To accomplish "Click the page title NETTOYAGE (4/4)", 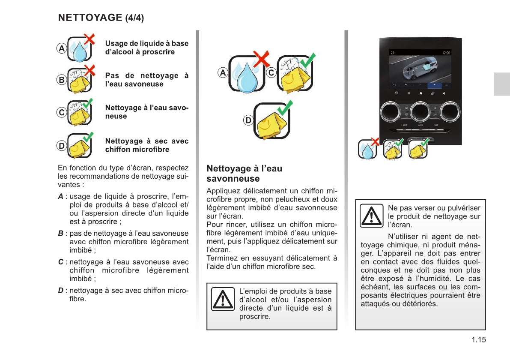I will coord(101,18).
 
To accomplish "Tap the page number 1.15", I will coord(479,340).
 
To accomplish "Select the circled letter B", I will coord(62,80).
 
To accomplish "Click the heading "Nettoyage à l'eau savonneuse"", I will coord(244,174).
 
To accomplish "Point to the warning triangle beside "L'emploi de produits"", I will coord(223,299).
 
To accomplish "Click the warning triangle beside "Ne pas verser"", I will coord(371,216).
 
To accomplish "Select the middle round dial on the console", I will coord(421,111).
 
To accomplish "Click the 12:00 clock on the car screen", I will coord(446,53).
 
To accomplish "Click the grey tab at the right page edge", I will coord(502,84).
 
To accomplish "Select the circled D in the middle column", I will coord(248,121).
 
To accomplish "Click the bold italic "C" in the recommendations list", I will coord(61,262).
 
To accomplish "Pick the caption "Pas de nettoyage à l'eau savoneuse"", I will coord(146,80).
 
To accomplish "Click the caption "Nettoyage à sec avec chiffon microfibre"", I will coord(146,145).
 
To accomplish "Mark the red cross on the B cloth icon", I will coord(89,69).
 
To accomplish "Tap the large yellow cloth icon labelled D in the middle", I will coord(271,121).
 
